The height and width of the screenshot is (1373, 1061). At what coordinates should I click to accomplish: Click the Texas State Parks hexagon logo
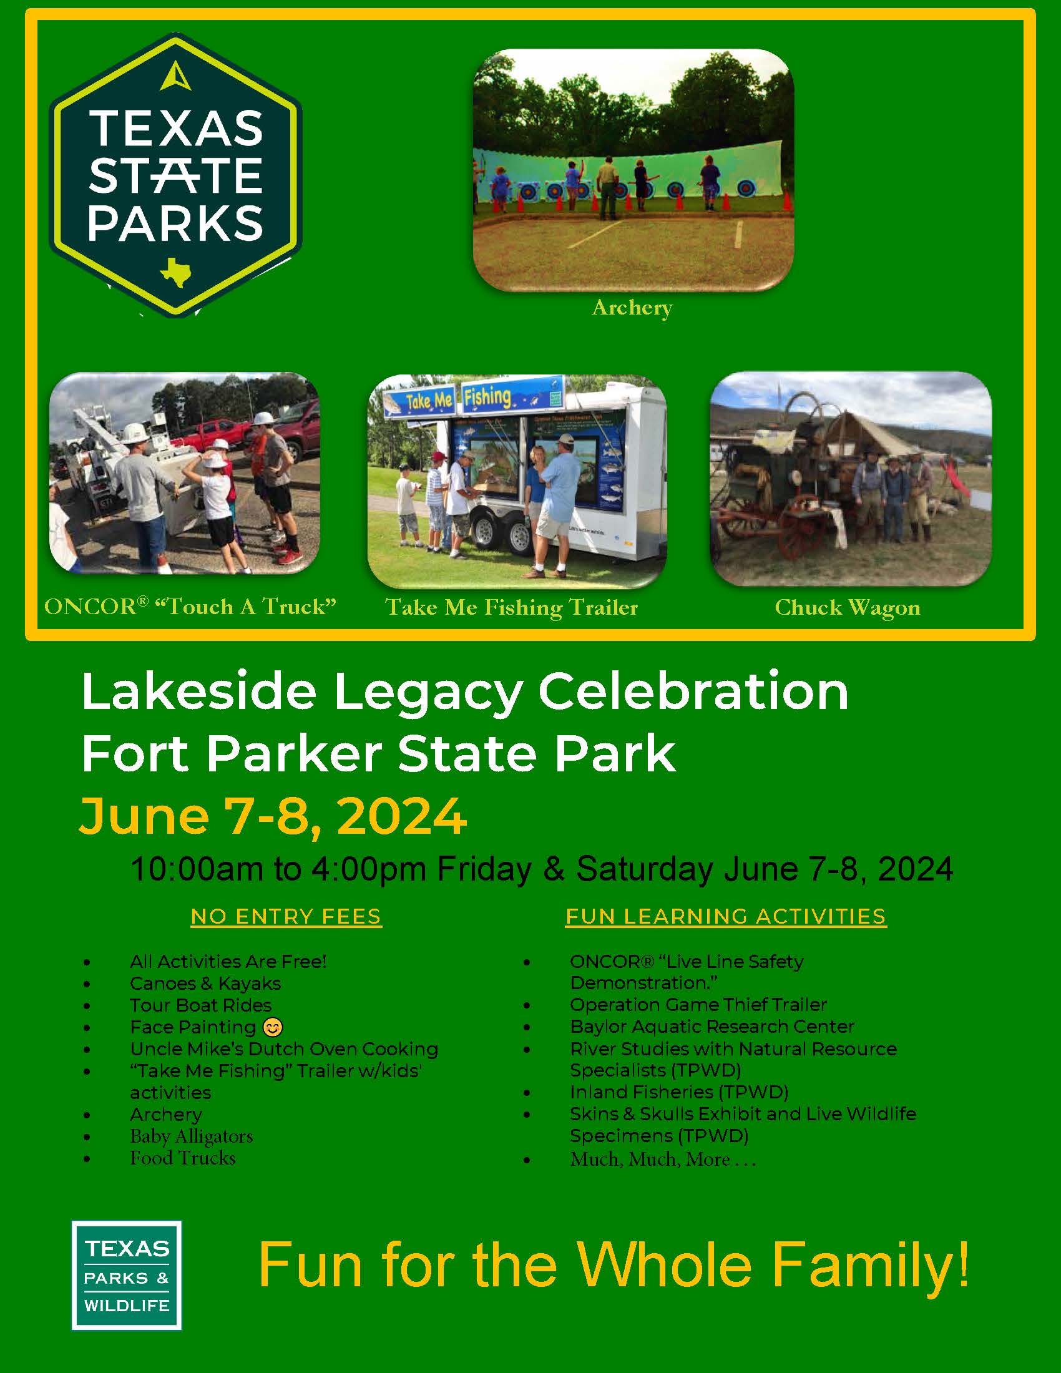[x=175, y=175]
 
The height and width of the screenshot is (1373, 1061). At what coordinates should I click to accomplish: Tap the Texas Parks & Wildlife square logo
[x=126, y=1275]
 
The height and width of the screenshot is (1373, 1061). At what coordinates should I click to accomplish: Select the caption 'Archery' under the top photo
[x=632, y=308]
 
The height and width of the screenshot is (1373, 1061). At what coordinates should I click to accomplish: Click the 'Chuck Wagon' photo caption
[x=848, y=607]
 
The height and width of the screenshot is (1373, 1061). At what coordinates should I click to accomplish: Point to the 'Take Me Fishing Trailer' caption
[x=512, y=607]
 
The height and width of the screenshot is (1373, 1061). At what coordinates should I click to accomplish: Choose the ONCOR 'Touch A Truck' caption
[x=190, y=607]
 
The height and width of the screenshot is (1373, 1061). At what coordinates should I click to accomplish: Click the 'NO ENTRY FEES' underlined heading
[x=286, y=917]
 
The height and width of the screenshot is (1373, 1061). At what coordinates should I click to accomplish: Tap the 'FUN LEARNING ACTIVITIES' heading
[x=726, y=917]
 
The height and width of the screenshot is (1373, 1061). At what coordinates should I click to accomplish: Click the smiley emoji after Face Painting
[x=273, y=1027]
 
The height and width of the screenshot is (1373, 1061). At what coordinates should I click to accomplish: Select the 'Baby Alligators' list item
[x=192, y=1136]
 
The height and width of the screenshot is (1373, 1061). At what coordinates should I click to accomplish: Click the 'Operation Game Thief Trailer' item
[x=698, y=1005]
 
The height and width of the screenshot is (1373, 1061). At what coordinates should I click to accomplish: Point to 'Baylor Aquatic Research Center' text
[x=712, y=1027]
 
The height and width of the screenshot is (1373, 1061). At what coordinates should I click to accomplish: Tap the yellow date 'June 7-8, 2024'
[x=273, y=816]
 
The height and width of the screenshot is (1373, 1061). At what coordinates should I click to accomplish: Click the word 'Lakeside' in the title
[x=198, y=691]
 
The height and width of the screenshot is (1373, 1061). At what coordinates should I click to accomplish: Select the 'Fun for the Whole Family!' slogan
[x=614, y=1265]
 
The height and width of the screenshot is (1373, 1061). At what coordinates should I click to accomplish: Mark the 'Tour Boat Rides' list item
[x=201, y=1005]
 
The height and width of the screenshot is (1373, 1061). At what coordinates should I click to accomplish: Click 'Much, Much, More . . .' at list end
[x=662, y=1159]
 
